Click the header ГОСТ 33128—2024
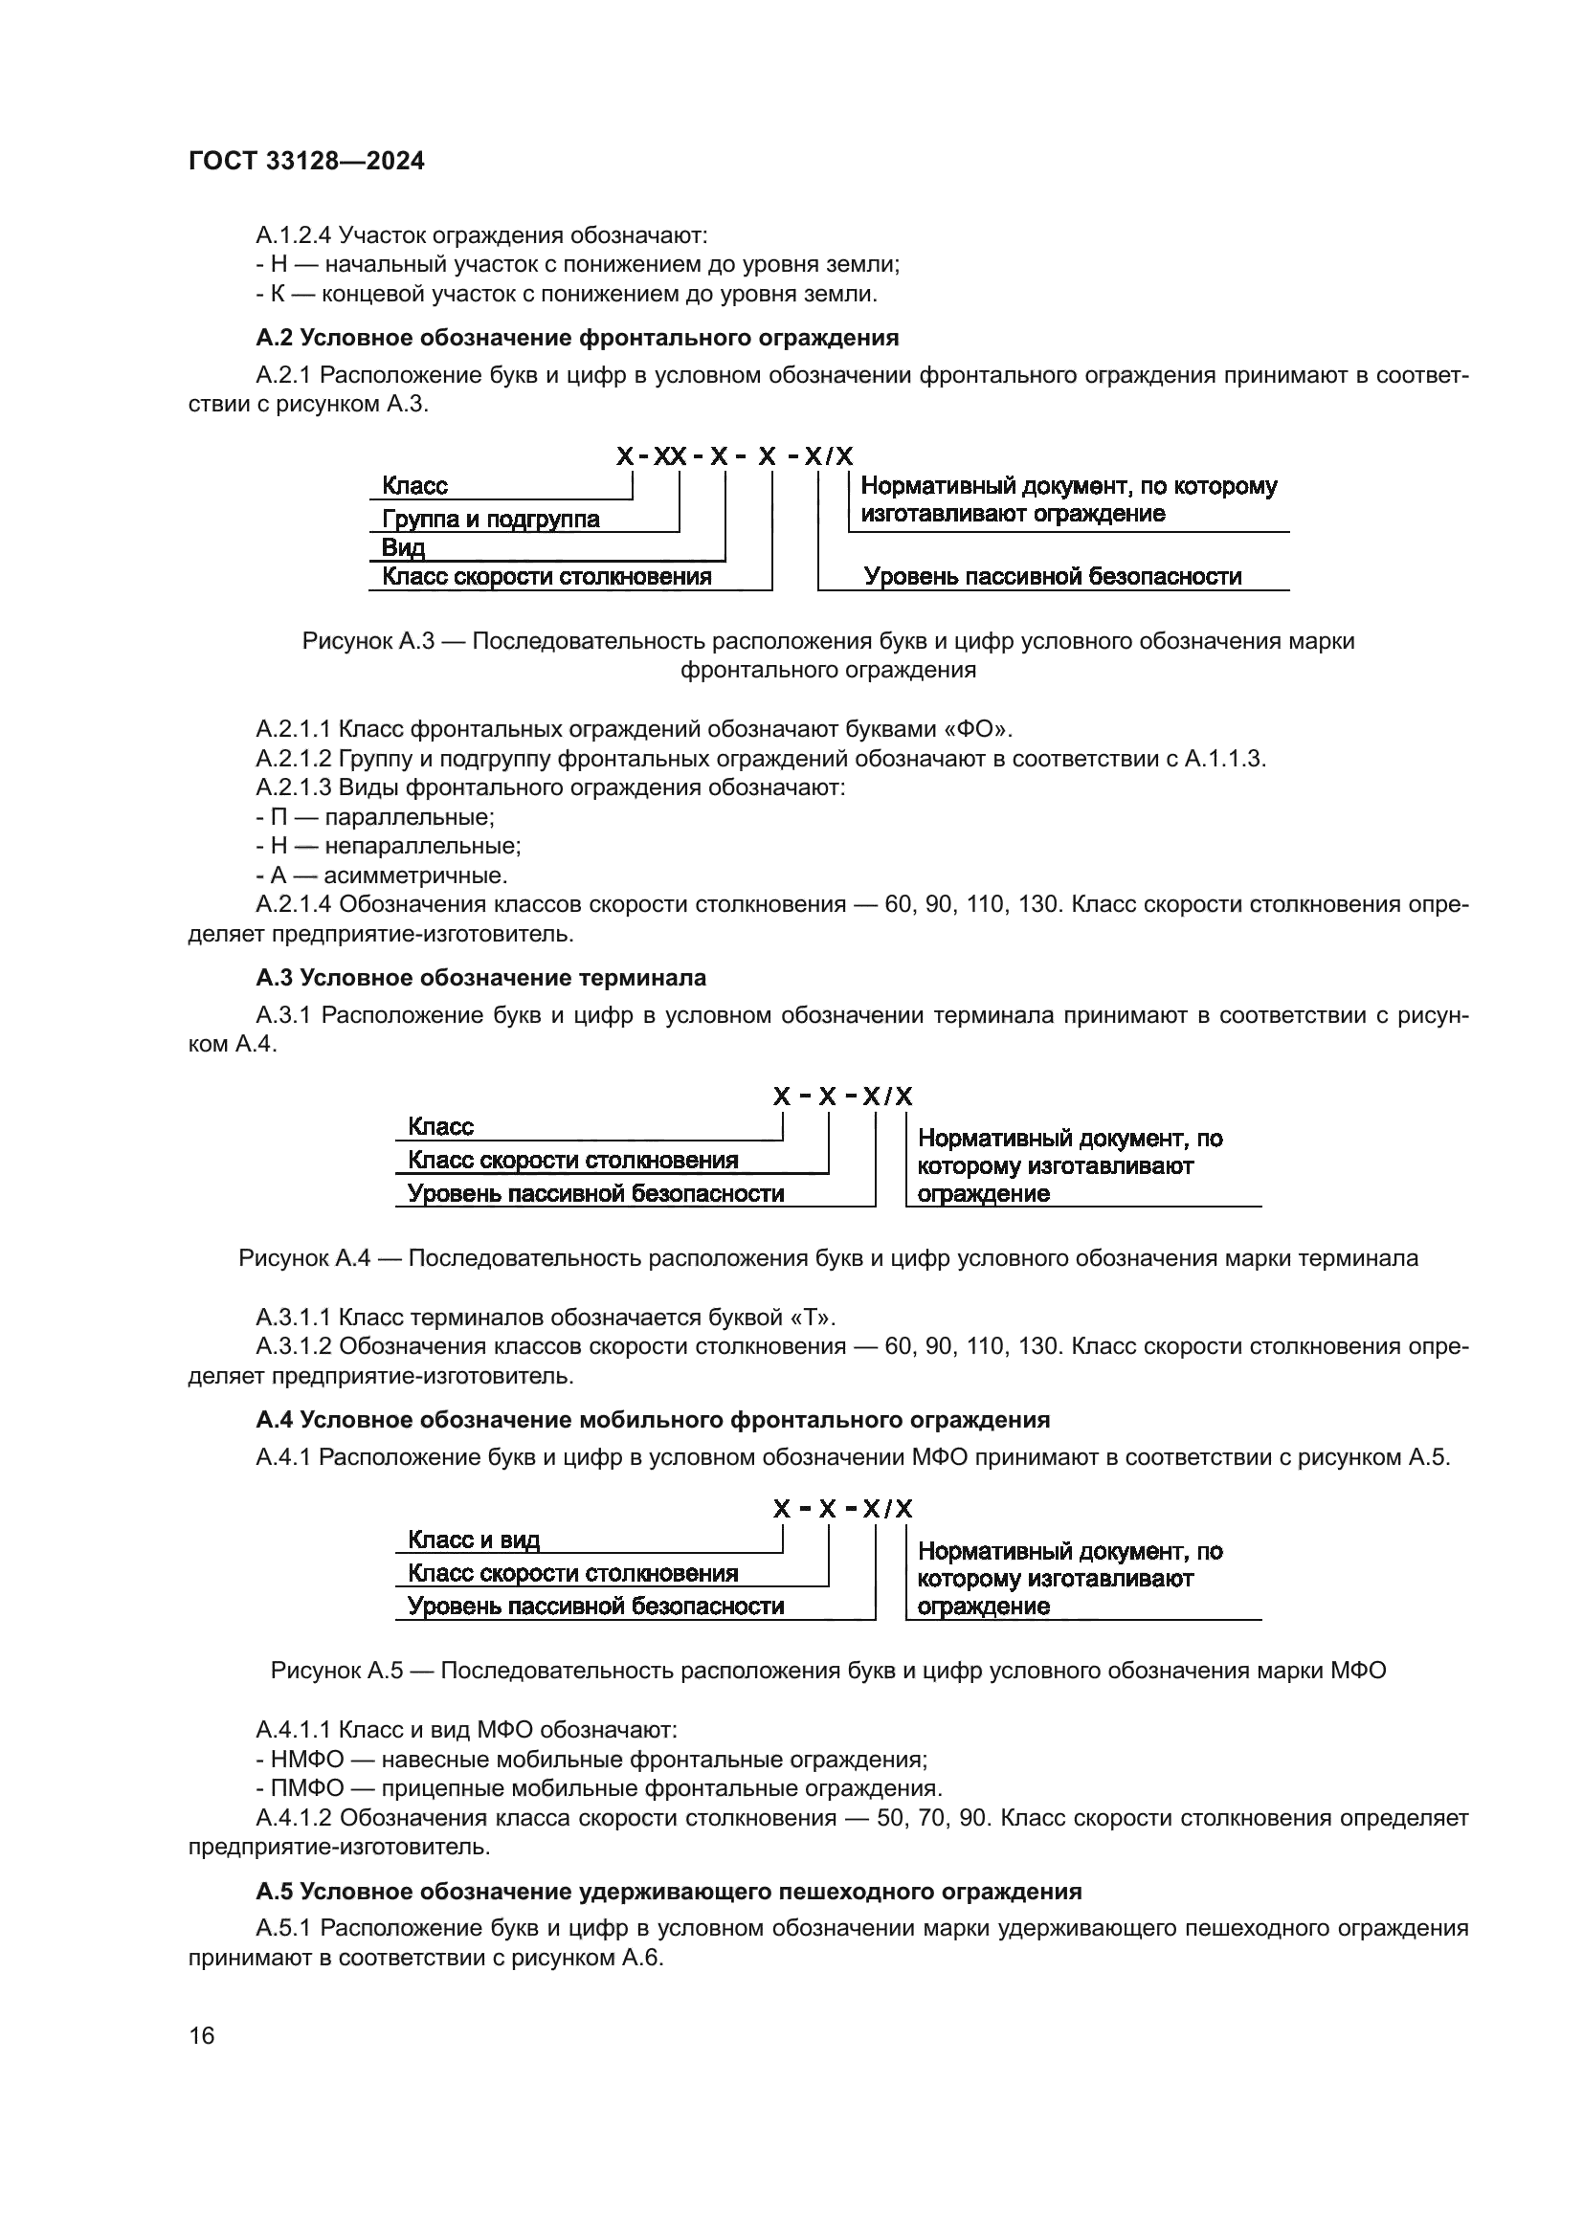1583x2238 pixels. point(306,162)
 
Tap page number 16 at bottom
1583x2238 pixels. point(202,2035)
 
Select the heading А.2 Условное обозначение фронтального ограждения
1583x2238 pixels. point(577,338)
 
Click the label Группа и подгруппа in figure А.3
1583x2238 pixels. point(490,519)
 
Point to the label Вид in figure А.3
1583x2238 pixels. point(404,548)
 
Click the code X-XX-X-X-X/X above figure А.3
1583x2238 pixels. point(734,456)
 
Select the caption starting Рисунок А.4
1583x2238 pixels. point(828,1258)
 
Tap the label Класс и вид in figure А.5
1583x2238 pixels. point(474,1540)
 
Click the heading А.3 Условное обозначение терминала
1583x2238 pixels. point(481,978)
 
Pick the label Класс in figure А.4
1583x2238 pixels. point(440,1127)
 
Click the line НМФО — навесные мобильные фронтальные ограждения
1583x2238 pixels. point(591,1760)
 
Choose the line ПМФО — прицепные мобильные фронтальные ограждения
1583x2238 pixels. point(598,1788)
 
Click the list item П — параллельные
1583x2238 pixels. point(375,817)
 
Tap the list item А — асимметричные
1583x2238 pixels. point(381,875)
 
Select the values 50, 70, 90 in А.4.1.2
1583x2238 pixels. point(934,1818)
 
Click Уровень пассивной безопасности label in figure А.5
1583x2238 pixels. point(595,1606)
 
